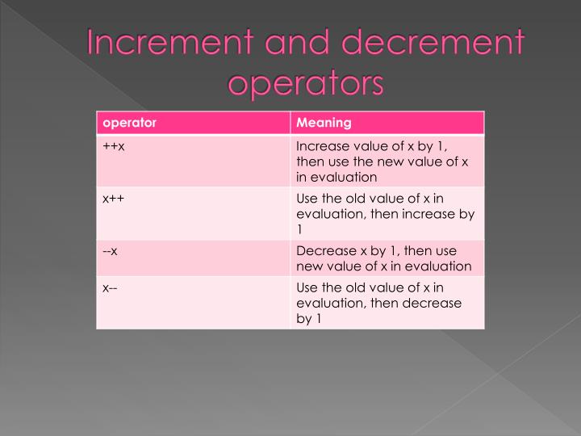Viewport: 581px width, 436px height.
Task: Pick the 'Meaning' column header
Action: (x=324, y=123)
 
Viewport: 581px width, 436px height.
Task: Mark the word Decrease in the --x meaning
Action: (x=324, y=251)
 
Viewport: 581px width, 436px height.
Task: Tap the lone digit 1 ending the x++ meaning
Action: (x=299, y=229)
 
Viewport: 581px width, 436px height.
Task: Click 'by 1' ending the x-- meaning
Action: (x=309, y=319)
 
